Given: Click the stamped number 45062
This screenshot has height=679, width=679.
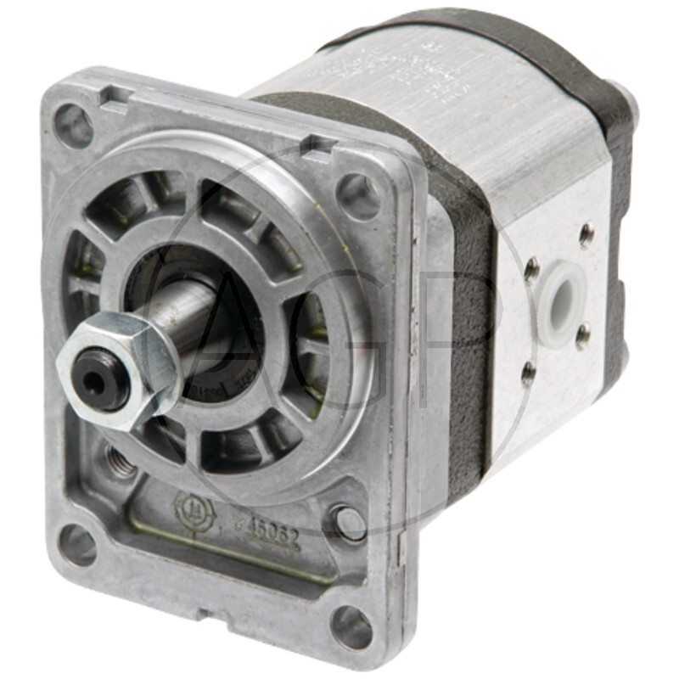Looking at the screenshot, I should pyautogui.click(x=272, y=533).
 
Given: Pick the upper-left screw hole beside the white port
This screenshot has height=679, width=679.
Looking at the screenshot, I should pyautogui.click(x=532, y=271).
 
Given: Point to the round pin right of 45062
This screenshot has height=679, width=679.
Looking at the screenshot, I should pyautogui.click(x=349, y=522).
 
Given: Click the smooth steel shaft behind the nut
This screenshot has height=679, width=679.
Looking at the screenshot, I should pyautogui.click(x=191, y=317).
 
